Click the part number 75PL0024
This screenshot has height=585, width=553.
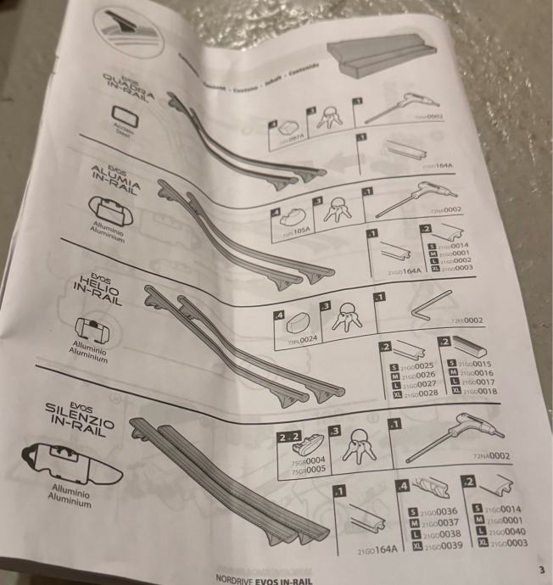point(302,340)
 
